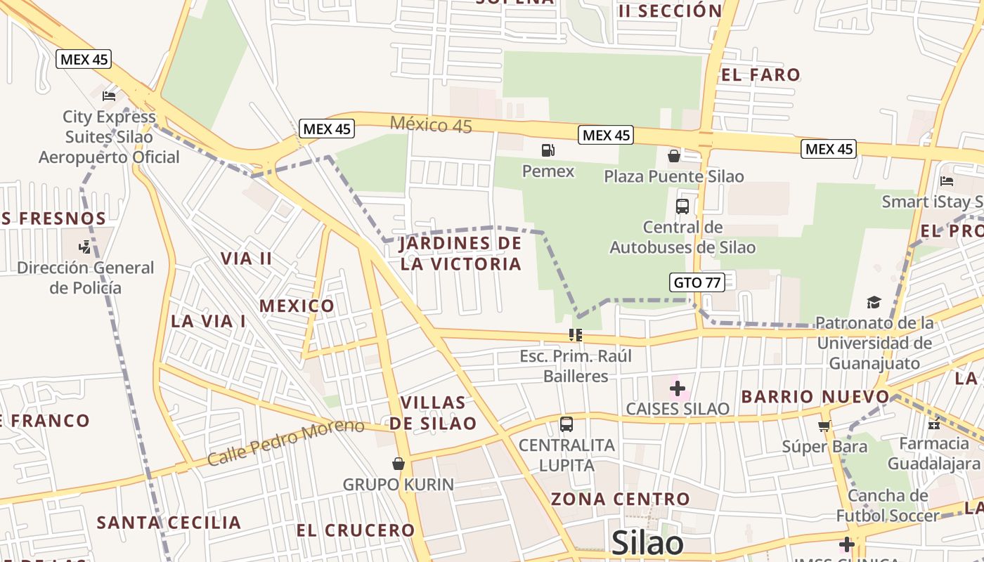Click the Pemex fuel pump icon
(x=548, y=150)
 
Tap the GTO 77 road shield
(x=697, y=282)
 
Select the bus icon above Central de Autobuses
(x=682, y=206)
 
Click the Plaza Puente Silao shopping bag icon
(x=673, y=155)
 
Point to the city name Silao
(x=647, y=543)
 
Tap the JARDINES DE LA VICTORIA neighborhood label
(x=460, y=254)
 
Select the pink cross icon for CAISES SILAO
(x=678, y=388)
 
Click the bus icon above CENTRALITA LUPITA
(x=567, y=424)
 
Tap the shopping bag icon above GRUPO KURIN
(x=399, y=464)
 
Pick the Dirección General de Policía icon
(x=85, y=247)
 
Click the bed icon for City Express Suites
(x=109, y=96)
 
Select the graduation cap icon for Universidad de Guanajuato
(x=874, y=302)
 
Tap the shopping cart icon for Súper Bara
(x=824, y=426)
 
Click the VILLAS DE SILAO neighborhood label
(x=433, y=413)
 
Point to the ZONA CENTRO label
(x=620, y=499)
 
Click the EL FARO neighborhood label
(x=760, y=75)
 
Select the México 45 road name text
(x=431, y=125)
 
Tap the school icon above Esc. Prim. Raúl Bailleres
(x=576, y=335)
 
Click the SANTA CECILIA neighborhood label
(x=169, y=523)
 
